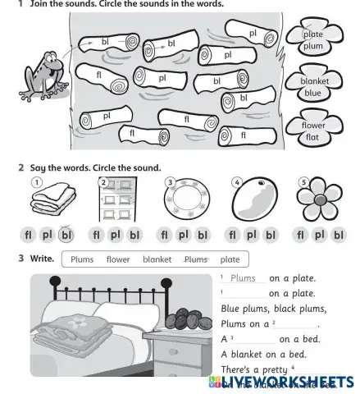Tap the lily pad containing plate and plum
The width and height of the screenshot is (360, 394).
click(312, 40)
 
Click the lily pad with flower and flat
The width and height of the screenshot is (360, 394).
click(312, 131)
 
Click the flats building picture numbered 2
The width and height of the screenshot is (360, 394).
click(116, 202)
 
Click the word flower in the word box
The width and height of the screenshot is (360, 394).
click(118, 260)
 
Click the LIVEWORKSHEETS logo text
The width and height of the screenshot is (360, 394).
click(287, 383)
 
